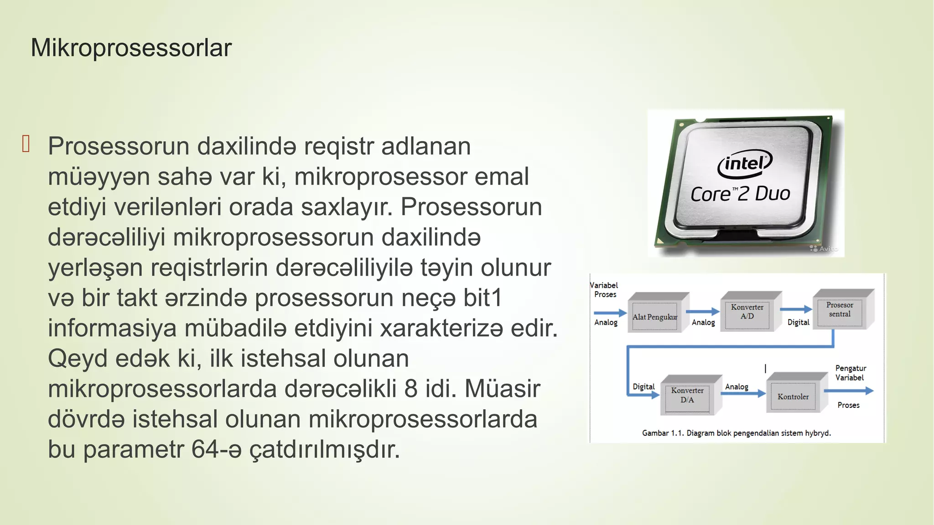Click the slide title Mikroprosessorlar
131,48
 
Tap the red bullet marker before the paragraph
26,144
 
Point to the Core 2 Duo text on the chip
740,194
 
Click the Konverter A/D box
747,312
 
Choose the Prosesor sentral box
840,310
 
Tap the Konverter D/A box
687,396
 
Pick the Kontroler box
793,396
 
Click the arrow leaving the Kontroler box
848,391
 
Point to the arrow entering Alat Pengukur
610,313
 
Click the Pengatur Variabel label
850,373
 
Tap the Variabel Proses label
604,290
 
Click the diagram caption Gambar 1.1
736,433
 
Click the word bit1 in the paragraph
483,298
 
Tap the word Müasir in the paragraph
502,389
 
